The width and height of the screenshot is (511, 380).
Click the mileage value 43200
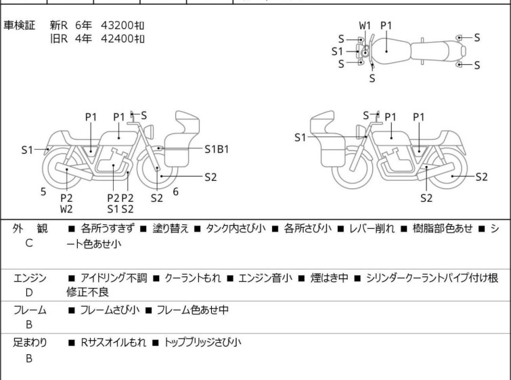pos(118,26)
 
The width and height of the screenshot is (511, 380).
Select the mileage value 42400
pos(118,39)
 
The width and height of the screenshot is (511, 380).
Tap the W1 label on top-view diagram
pos(365,26)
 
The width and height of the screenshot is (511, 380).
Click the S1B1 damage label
pos(217,148)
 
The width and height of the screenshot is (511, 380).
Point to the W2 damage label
pos(66,209)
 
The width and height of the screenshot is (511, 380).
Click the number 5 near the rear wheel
pos(43,192)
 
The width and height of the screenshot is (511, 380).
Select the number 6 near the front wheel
pos(175,192)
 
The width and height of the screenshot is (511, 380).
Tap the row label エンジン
pos(30,278)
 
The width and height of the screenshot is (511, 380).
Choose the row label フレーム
pos(30,310)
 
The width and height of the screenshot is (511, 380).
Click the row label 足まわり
pos(30,343)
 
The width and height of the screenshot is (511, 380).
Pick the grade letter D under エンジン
pos(29,293)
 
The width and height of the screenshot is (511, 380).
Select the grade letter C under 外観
pos(29,243)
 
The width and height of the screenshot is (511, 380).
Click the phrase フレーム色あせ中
pos(192,310)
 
